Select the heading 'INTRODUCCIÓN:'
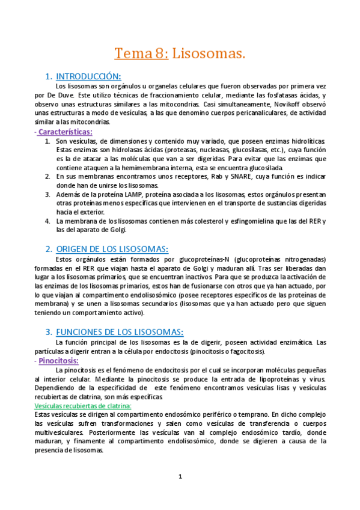point(88,76)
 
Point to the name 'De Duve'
point(59,95)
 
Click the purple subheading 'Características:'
point(66,131)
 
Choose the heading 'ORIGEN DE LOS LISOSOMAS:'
point(112,249)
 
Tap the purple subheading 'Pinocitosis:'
point(58,361)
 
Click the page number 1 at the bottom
point(180,477)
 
